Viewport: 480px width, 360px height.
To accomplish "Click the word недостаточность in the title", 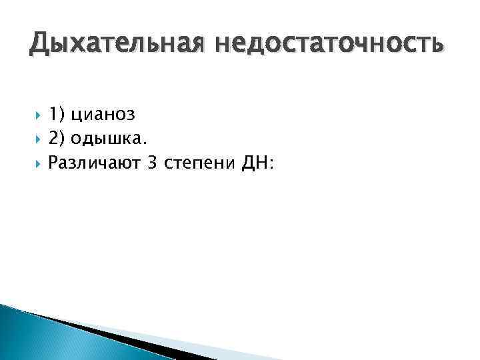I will pos(328,45).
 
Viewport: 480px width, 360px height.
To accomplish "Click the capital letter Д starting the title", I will pos(39,45).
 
